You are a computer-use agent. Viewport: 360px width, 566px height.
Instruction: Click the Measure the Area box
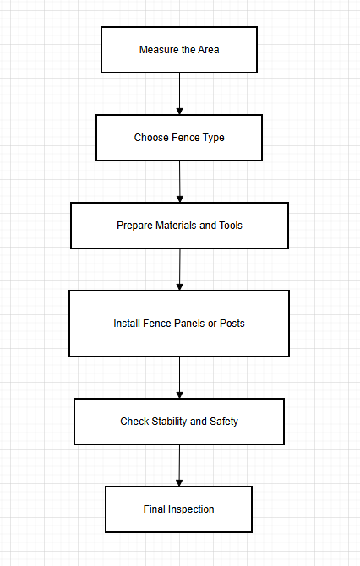click(179, 49)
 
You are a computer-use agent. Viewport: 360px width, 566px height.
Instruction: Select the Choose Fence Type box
click(179, 138)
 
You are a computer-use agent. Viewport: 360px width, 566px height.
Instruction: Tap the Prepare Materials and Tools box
click(179, 226)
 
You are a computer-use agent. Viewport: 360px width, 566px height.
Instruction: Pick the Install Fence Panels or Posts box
click(179, 323)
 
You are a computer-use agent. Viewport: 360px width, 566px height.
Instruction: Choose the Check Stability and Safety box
click(179, 421)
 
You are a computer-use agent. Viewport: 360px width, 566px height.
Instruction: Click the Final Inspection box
click(178, 509)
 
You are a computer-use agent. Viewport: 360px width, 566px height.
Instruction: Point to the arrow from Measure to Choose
click(180, 94)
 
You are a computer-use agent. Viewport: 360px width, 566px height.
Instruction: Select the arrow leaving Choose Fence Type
click(179, 181)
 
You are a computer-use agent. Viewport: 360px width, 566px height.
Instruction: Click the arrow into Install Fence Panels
click(180, 269)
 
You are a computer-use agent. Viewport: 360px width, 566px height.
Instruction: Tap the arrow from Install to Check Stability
click(179, 377)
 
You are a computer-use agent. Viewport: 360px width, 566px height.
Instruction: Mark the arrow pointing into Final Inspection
click(179, 465)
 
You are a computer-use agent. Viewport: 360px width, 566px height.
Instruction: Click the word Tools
click(230, 226)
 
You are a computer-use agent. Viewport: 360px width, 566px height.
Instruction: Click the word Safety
click(224, 421)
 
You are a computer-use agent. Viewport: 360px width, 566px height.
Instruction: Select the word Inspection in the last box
click(191, 509)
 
